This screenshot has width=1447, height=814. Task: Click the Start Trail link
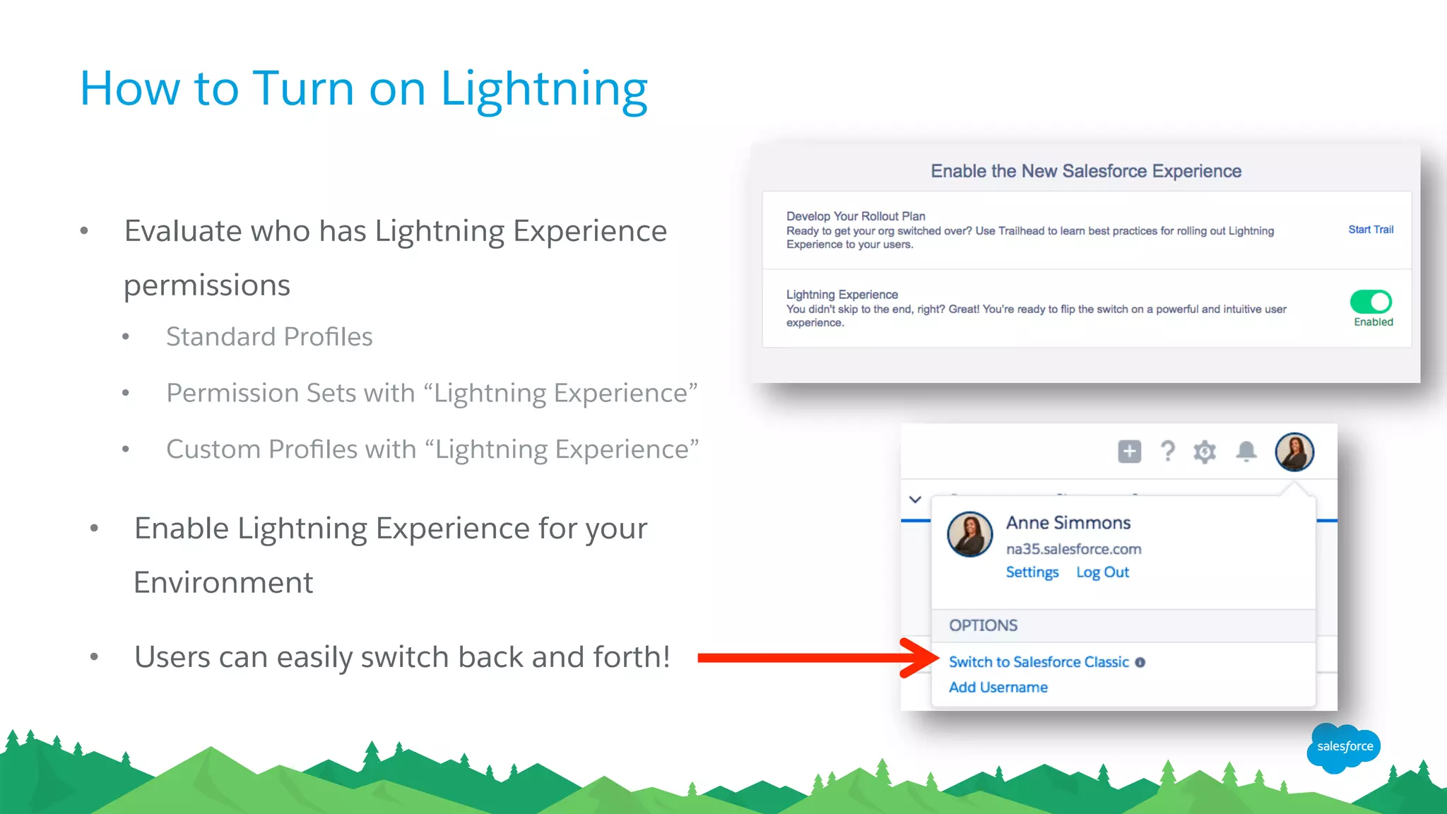pos(1371,230)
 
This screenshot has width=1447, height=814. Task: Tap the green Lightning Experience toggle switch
pos(1371,302)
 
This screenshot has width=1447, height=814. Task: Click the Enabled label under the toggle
pos(1374,322)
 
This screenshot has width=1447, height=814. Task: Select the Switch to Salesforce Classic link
pos(1039,662)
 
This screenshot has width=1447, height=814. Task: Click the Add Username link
pos(998,688)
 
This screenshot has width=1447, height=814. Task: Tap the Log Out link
pos(1102,572)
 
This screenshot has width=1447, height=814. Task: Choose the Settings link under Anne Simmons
pos(1032,572)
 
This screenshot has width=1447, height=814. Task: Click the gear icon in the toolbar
pos(1205,452)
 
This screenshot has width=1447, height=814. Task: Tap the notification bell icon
pos(1246,452)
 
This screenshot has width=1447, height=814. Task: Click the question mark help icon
pos(1168,452)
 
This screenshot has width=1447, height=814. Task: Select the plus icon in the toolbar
pos(1130,452)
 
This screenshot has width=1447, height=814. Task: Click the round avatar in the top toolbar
pos(1294,452)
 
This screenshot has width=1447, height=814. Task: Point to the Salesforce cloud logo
pos(1344,748)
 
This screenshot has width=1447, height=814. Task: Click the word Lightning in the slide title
pos(544,90)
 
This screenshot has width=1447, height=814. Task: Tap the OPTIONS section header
pos(983,625)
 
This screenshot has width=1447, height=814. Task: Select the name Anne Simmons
pos(1068,523)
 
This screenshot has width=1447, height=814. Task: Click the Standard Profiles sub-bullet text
pos(269,337)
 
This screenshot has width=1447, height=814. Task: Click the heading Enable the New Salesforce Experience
pos(1086,171)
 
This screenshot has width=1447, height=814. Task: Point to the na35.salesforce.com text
pos(1073,549)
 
